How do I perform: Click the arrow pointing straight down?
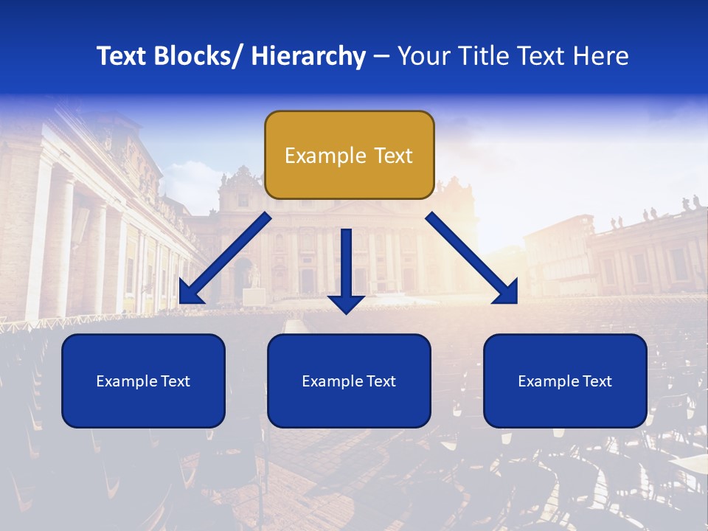pyautogui.click(x=346, y=269)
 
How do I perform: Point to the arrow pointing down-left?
pyautogui.click(x=225, y=258)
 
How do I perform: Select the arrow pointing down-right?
pyautogui.click(x=472, y=258)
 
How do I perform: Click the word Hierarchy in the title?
pyautogui.click(x=308, y=56)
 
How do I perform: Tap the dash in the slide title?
pyautogui.click(x=381, y=57)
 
